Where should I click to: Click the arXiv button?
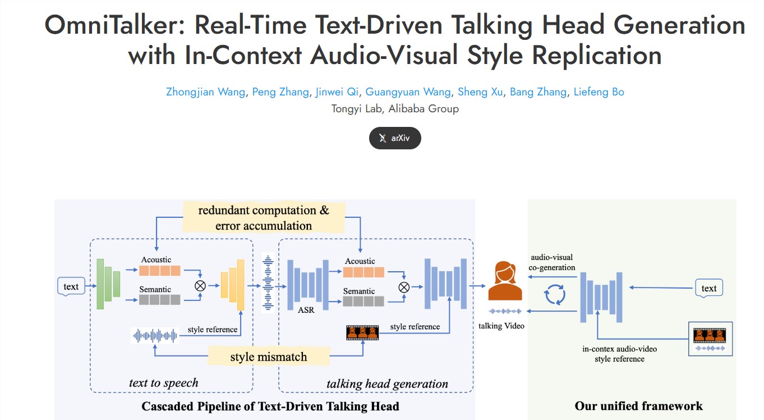tap(395, 138)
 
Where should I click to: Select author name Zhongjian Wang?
tap(205, 92)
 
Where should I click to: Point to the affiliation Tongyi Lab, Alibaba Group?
tap(395, 109)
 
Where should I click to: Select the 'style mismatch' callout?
tap(269, 357)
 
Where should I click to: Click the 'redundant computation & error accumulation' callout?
tap(264, 218)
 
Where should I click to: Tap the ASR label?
tap(306, 309)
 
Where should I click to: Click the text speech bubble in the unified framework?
tap(708, 288)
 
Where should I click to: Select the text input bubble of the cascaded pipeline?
tap(71, 286)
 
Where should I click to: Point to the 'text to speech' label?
tap(164, 383)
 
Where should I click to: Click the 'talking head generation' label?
tap(387, 384)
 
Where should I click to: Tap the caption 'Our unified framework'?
tap(638, 406)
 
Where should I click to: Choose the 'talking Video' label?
tap(501, 326)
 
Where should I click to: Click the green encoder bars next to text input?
tap(108, 284)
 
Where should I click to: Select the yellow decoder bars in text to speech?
tap(233, 285)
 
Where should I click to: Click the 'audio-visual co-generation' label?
tap(551, 262)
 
